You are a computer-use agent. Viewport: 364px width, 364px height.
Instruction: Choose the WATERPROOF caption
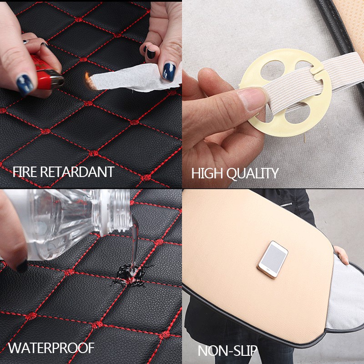click(51, 349)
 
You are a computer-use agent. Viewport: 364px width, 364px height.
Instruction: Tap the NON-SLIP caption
click(227, 351)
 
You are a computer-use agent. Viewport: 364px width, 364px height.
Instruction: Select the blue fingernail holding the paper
click(169, 71)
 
